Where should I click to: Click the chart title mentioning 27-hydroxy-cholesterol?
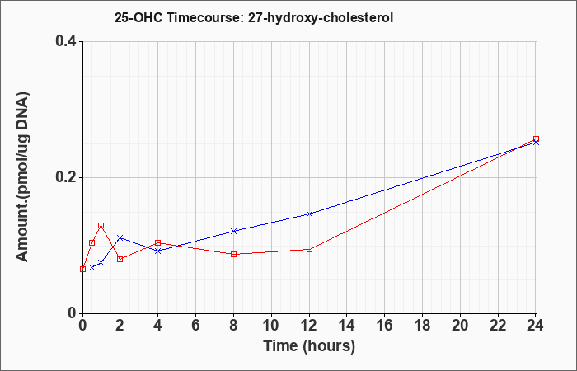[x=254, y=17]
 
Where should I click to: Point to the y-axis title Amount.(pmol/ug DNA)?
[x=23, y=177]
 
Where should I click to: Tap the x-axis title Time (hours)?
[x=309, y=346]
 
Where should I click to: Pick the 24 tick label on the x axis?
[x=535, y=326]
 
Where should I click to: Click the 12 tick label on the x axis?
[x=309, y=326]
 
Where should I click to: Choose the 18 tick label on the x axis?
[x=422, y=326]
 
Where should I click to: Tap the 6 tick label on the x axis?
[x=196, y=326]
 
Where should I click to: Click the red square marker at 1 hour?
[x=101, y=225]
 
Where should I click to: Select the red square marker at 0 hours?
[x=82, y=269]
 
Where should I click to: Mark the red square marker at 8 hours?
[x=233, y=254]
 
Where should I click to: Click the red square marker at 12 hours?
[x=309, y=249]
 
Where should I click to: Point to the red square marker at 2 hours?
[x=120, y=259]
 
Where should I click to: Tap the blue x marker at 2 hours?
[x=120, y=237]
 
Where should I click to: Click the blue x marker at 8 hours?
[x=233, y=231]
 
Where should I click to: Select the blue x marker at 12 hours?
[x=309, y=214]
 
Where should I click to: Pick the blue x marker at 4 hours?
[x=158, y=251]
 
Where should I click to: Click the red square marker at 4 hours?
[x=158, y=243]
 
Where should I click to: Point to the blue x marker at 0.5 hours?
[x=92, y=267]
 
